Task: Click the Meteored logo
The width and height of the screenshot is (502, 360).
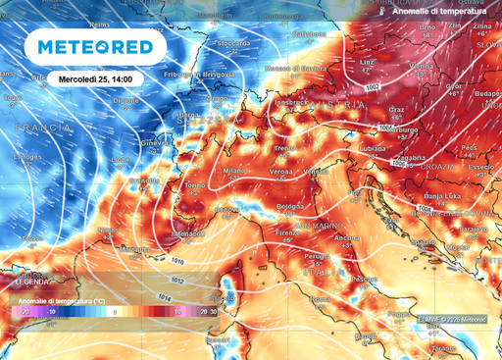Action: click(95, 47)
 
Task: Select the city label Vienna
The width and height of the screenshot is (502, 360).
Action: click(421, 65)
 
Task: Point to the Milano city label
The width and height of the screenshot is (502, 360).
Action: click(233, 171)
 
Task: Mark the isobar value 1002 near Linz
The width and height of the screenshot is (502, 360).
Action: click(372, 87)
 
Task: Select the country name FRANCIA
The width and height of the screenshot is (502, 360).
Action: click(41, 129)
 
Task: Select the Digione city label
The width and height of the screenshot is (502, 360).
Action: click(126, 101)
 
